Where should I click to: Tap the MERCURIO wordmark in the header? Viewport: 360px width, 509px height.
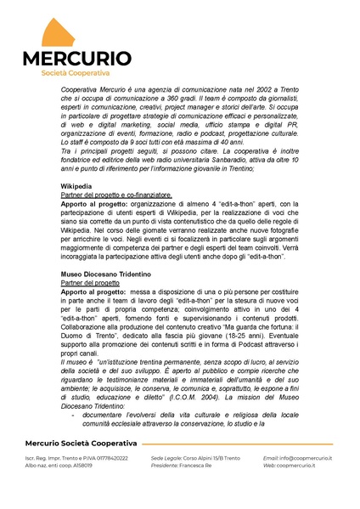tap(76, 58)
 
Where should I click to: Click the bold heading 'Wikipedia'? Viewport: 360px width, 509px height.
tap(76, 185)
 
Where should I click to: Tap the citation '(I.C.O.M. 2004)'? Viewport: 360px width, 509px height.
tap(200, 397)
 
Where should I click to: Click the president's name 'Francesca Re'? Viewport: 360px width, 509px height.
tap(194, 466)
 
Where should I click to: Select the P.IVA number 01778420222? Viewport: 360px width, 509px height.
tap(105, 458)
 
